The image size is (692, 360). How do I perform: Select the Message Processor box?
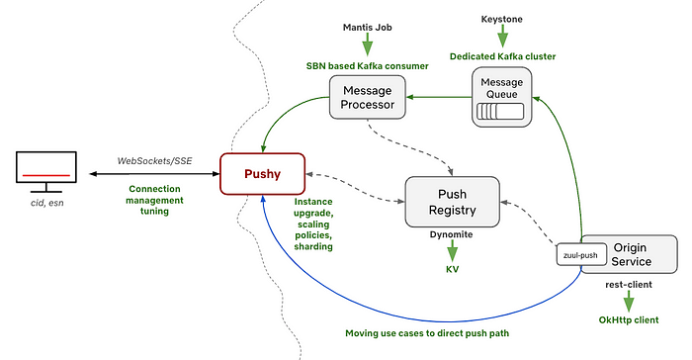click(x=368, y=96)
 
